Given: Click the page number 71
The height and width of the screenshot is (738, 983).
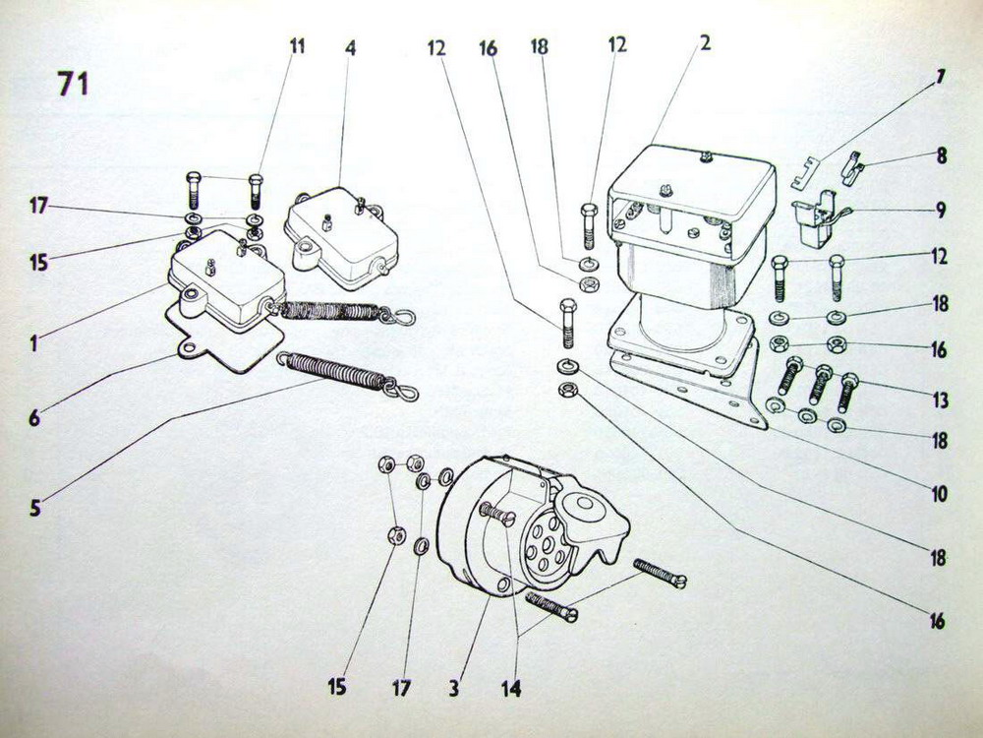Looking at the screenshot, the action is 73,84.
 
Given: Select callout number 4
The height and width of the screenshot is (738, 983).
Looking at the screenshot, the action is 350,48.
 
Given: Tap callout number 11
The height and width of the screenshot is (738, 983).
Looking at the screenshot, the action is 297,46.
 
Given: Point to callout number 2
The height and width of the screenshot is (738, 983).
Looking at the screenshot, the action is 705,42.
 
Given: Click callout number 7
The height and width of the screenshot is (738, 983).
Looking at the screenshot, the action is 941,77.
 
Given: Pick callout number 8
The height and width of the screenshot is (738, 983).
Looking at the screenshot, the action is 942,155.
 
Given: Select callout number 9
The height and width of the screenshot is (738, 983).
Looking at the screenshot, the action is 941,210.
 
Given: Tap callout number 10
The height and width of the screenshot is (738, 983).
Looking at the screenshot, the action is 939,494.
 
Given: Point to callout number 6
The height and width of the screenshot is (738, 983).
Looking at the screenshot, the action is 34,418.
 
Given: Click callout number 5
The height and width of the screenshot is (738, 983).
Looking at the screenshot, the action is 35,508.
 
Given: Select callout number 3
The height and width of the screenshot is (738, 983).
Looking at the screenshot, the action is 453,689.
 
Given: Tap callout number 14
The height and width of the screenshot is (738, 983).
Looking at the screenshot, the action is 511,689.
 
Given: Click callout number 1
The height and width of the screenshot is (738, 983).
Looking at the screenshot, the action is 33,343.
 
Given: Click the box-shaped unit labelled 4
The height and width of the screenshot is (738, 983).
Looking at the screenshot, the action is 339,239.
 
